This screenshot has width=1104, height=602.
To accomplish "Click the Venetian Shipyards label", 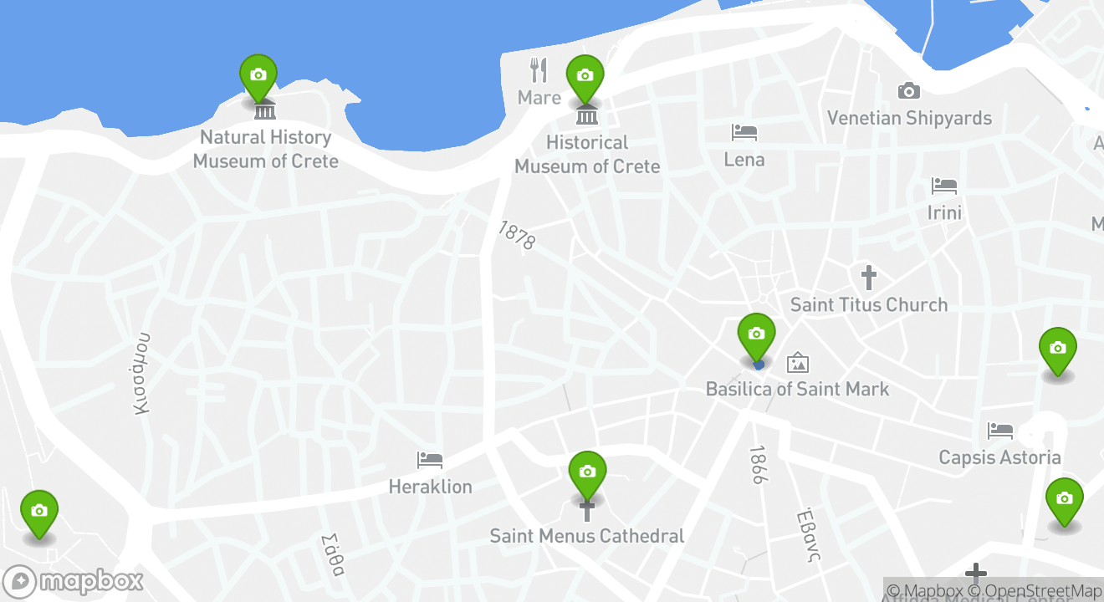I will click(909, 118).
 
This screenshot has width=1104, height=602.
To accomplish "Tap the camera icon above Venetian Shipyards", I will click(909, 90).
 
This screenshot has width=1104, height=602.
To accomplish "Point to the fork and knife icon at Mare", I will click(539, 70).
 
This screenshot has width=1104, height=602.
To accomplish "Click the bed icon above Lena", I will click(744, 132).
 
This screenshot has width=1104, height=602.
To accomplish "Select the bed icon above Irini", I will click(944, 186).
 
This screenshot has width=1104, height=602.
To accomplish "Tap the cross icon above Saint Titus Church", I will click(869, 277).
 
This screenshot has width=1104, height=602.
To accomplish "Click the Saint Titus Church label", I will click(869, 304).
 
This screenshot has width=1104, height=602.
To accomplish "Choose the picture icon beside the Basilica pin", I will click(798, 362).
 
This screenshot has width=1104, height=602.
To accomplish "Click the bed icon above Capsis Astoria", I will click(999, 431).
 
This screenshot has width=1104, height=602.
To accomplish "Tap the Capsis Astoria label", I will click(999, 457).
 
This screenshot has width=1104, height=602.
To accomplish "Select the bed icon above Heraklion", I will click(430, 459).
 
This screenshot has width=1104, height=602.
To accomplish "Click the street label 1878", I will click(516, 235).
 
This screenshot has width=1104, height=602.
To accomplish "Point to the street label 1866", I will click(758, 465).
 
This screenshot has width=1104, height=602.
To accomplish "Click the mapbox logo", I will click(74, 581).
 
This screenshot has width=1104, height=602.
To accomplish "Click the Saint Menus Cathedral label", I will click(587, 536).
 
